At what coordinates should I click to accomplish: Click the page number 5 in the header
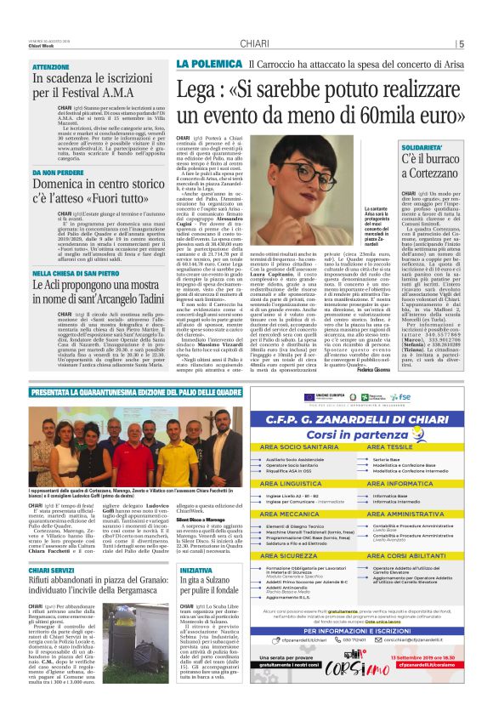(461, 44)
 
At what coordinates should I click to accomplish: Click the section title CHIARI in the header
(255, 43)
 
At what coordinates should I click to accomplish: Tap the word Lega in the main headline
(197, 90)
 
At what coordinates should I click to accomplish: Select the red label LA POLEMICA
(202, 65)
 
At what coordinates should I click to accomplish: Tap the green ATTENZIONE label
(51, 66)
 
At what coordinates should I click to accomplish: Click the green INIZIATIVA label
(195, 571)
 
